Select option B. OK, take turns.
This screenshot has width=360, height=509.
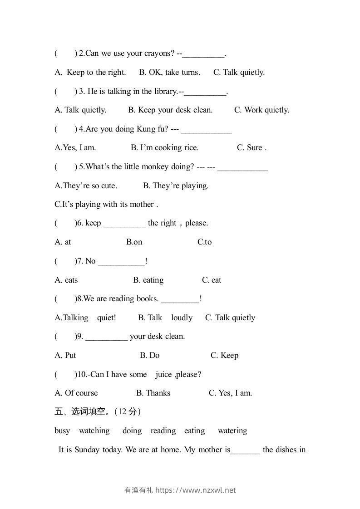click(x=169, y=72)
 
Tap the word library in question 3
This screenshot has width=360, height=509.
click(x=165, y=91)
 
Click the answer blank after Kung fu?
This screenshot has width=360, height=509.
click(x=207, y=130)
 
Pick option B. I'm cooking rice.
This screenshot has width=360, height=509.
click(x=164, y=147)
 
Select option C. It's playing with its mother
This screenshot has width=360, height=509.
click(x=106, y=204)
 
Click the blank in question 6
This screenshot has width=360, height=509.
click(x=125, y=224)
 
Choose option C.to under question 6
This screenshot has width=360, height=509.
click(x=204, y=242)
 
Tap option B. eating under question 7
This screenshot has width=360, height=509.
click(x=148, y=280)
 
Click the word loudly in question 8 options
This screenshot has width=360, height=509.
click(x=182, y=318)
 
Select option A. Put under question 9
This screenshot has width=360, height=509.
click(x=65, y=355)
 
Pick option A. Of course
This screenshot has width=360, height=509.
click(x=76, y=393)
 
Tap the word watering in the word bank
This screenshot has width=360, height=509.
click(x=232, y=431)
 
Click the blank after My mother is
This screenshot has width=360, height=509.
click(x=245, y=450)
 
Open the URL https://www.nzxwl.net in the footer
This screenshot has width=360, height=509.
click(x=196, y=490)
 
